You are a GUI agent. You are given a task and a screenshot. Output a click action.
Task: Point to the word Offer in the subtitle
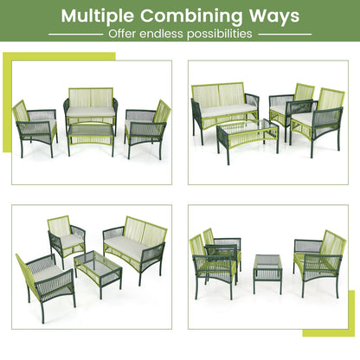pyautogui.click(x=123, y=34)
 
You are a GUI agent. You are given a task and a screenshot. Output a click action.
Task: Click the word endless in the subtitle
pyautogui.click(x=166, y=34)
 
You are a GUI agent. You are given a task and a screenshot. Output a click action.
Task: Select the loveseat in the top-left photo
pyautogui.click(x=90, y=107)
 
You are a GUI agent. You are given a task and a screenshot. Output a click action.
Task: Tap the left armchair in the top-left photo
pyautogui.click(x=34, y=125)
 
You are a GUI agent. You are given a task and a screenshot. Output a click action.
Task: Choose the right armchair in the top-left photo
pyautogui.click(x=147, y=125)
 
